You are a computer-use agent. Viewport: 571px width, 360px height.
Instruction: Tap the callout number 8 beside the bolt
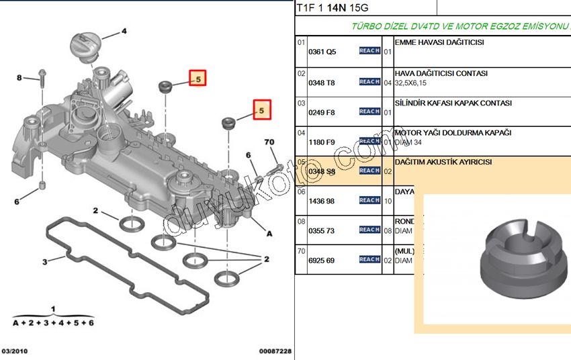click(x=19, y=78)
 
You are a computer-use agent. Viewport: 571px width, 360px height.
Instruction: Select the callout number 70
click(x=269, y=142)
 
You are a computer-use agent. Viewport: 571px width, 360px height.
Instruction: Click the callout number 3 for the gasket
click(x=45, y=261)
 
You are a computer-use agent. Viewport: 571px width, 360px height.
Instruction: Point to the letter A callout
click(x=269, y=234)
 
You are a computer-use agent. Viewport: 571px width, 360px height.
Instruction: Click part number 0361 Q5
click(x=321, y=52)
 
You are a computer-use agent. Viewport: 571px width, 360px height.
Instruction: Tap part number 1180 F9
click(x=321, y=142)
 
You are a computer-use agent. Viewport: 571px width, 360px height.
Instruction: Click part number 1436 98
click(x=321, y=201)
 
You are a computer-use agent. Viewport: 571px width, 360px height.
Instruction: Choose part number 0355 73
click(x=321, y=230)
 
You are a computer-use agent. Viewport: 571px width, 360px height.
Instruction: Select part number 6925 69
click(x=321, y=260)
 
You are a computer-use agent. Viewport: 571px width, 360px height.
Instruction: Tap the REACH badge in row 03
click(x=369, y=111)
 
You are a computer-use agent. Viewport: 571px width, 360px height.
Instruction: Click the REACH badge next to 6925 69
click(x=369, y=259)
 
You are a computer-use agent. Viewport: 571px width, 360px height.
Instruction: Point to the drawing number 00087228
click(x=275, y=351)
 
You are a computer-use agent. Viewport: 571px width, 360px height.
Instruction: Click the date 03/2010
click(x=15, y=351)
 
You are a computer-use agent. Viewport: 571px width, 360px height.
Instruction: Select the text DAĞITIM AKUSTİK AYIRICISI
click(x=443, y=163)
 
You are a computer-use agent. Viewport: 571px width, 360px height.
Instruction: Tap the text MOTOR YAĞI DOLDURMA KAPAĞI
click(x=453, y=133)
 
